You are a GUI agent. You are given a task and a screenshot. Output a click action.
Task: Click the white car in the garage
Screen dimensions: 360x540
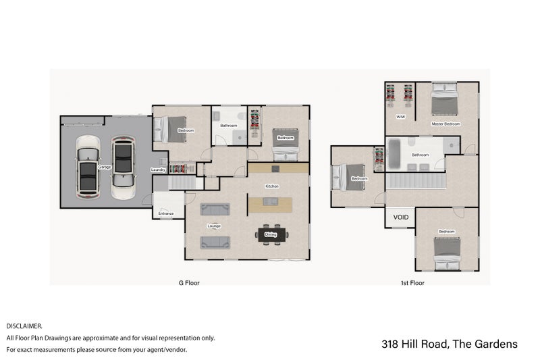(88, 167)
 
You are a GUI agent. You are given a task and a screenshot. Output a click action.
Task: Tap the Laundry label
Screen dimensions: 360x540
(159, 170)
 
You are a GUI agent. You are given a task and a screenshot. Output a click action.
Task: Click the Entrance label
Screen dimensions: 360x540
(166, 214)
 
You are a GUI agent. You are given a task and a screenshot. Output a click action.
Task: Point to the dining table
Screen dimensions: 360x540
(271, 235)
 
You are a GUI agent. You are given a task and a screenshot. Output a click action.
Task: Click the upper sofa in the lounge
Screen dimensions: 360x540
(215, 210)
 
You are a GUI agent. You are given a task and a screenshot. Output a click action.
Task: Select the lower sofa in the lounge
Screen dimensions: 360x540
(215, 241)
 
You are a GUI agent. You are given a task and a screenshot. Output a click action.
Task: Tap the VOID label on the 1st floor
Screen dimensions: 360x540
(401, 217)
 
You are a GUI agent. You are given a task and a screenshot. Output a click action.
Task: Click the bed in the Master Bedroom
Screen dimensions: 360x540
(444, 101)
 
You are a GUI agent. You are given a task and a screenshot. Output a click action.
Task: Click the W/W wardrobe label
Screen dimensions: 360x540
(400, 116)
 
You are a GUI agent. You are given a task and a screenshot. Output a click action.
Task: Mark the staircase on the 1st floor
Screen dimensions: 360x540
(415, 181)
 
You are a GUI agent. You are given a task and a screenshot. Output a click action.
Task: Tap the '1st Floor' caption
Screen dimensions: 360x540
(412, 284)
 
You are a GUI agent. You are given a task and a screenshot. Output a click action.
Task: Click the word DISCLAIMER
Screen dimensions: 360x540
(24, 326)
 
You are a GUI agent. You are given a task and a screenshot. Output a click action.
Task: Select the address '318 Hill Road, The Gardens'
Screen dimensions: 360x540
(450, 344)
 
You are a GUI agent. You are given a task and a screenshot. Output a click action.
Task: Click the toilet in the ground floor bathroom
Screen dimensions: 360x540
(238, 137)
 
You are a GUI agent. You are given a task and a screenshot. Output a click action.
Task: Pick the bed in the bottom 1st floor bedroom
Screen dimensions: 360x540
(447, 249)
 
